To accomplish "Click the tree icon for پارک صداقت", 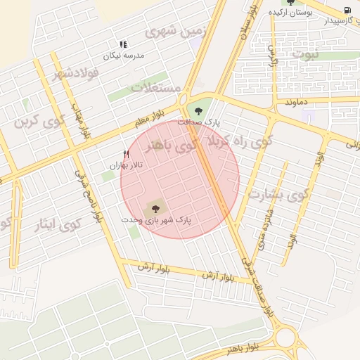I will point(198,110).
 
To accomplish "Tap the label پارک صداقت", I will point(198,122).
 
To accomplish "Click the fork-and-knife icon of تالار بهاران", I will point(127,153).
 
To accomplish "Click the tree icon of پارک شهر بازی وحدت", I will point(155,208).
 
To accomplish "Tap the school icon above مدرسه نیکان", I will point(124,44).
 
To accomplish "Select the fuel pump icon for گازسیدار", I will point(349,10).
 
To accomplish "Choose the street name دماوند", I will point(297,103).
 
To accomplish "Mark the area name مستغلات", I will point(156,89).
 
